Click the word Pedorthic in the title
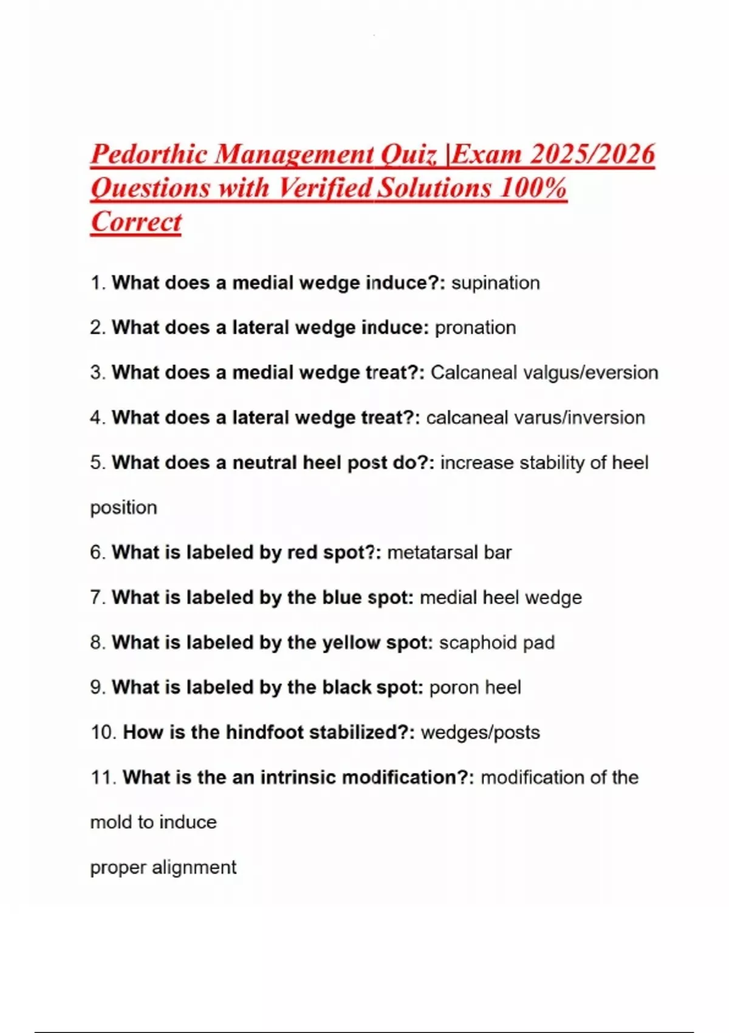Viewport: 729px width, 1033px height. [149, 154]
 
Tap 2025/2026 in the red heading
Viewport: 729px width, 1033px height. [592, 154]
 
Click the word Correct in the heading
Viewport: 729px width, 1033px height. [136, 222]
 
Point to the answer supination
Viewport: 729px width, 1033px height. [496, 283]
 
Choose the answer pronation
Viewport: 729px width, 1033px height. [475, 328]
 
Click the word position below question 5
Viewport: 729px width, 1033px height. [123, 508]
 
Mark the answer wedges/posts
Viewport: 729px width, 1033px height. [480, 733]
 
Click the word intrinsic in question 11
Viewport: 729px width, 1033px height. [298, 778]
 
